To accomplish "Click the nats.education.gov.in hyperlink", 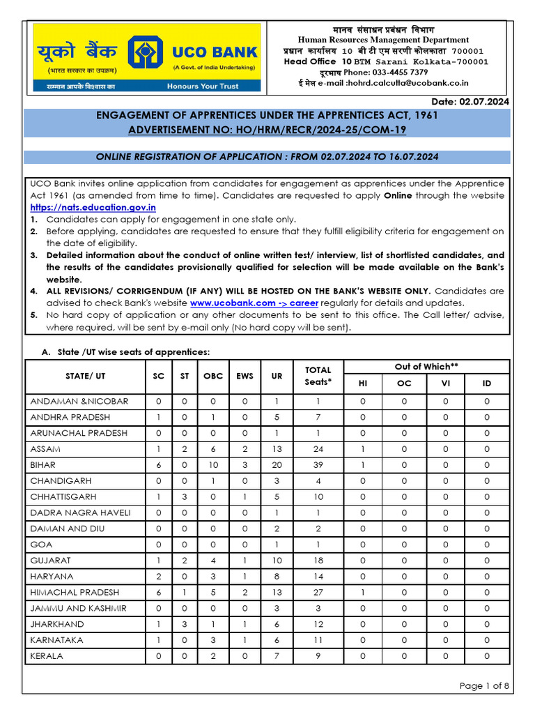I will tap(93, 208).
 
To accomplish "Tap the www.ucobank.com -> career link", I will tap(254, 303).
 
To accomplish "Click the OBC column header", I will tap(213, 376).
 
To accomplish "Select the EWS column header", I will tap(245, 376).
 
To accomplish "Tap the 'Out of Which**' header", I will tap(427, 367).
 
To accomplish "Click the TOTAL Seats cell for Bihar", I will tap(318, 465).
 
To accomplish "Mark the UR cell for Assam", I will tap(277, 449).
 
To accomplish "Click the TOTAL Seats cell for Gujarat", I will tap(318, 561).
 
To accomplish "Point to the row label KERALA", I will tap(47, 656).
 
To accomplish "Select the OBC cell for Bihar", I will tap(213, 465).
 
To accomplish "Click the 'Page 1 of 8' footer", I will tap(484, 686).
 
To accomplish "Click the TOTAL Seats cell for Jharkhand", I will tap(318, 625).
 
